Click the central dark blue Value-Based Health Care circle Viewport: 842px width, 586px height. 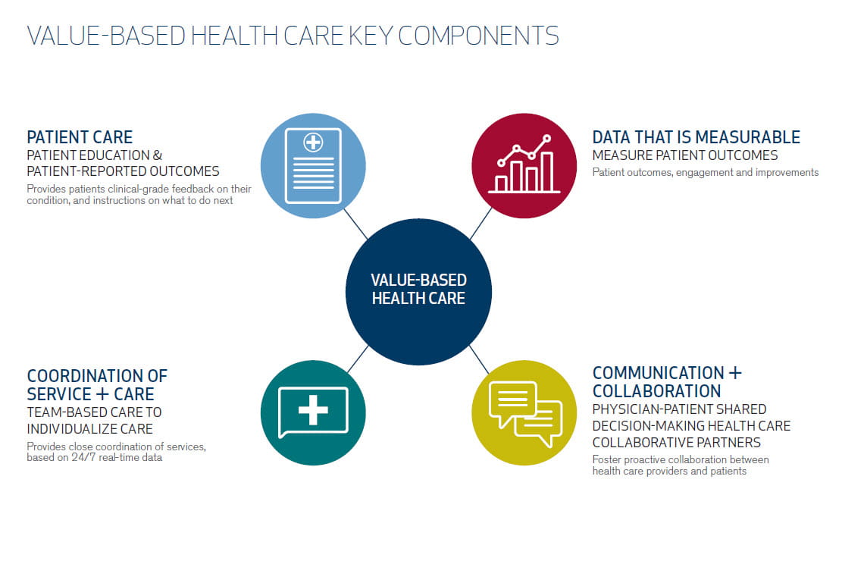[418, 292]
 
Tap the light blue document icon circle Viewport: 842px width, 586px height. [313, 165]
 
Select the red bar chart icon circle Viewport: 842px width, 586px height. [524, 165]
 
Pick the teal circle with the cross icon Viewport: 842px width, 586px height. [313, 412]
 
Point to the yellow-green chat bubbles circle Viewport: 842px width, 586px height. [524, 412]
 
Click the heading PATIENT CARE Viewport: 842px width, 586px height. [80, 137]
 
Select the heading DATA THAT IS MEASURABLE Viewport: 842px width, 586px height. [696, 137]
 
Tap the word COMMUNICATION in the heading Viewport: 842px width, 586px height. [659, 373]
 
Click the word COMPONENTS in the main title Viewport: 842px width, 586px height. [478, 36]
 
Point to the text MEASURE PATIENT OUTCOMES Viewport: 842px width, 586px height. [684, 155]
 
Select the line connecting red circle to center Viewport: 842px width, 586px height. [480, 224]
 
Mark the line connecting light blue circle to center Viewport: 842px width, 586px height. [355, 224]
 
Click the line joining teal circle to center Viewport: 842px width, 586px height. [358, 359]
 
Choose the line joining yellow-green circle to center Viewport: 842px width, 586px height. [479, 359]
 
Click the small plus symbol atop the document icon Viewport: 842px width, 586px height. [313, 143]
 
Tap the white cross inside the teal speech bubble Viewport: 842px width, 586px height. [313, 410]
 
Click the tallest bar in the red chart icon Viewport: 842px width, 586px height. [546, 172]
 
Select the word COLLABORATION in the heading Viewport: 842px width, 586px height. [656, 391]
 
